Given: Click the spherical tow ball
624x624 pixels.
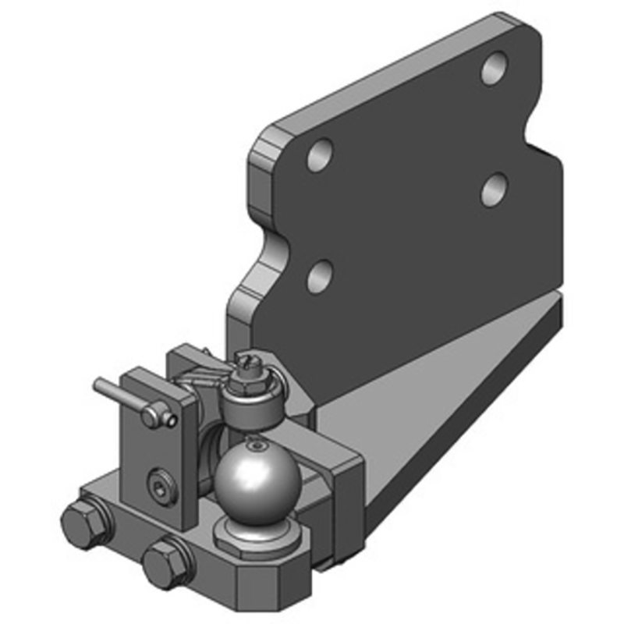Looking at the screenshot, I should point(257,479).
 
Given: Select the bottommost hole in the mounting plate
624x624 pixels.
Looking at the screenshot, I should point(319,276).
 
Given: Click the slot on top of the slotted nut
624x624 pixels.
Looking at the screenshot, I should point(247,361).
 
